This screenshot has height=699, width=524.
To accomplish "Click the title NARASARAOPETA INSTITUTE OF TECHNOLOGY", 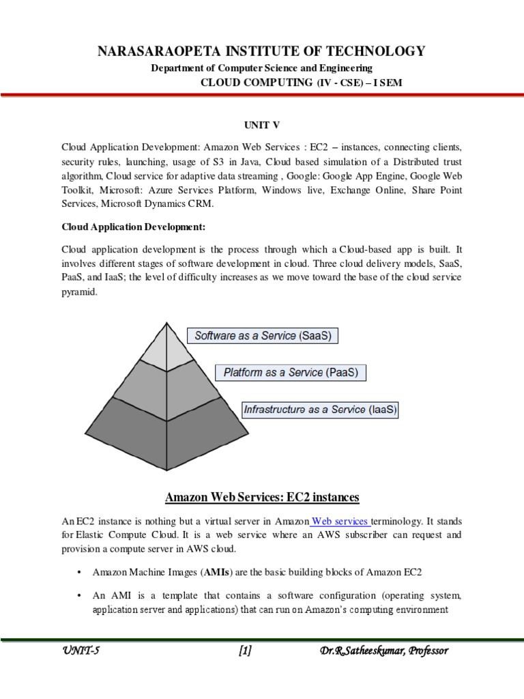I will [262, 51].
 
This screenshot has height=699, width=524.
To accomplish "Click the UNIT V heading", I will [262, 126].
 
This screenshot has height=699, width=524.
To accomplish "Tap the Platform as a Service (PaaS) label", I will [291, 373].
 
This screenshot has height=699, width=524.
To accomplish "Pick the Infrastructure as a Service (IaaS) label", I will [320, 410].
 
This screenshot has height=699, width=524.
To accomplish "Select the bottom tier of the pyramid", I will [166, 430].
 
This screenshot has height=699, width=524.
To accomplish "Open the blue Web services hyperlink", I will [341, 521].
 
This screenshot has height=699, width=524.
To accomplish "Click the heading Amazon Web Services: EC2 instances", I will [262, 496].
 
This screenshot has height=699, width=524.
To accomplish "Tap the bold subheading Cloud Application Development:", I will [133, 226].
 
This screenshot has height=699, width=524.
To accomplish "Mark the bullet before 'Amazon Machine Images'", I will [80, 571].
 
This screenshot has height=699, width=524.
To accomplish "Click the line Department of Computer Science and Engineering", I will [262, 68].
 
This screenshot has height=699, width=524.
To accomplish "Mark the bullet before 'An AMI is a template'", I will [80, 595].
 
